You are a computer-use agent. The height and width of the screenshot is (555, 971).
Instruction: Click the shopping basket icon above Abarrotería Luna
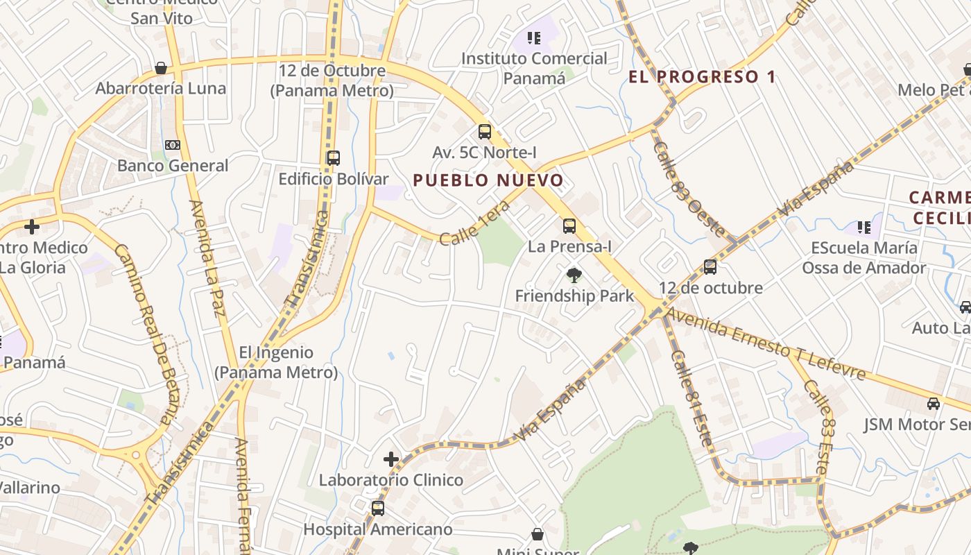pyautogui.click(x=161, y=68)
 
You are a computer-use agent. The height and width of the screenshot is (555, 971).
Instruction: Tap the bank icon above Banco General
pyautogui.click(x=173, y=145)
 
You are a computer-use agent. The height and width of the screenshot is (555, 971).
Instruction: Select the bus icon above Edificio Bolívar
pyautogui.click(x=334, y=158)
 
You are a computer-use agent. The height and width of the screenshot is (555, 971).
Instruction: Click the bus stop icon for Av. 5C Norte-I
pyautogui.click(x=485, y=132)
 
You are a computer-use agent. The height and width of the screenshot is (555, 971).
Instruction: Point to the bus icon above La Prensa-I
pyautogui.click(x=569, y=226)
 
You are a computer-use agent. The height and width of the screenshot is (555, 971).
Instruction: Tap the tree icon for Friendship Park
pyautogui.click(x=574, y=275)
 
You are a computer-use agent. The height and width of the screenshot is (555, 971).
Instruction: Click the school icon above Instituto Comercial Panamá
pyautogui.click(x=533, y=37)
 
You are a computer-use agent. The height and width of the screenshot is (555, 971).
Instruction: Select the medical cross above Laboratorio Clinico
pyautogui.click(x=391, y=459)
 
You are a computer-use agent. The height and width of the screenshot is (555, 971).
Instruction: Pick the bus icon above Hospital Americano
pyautogui.click(x=378, y=509)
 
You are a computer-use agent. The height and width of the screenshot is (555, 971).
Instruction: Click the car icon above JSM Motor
pyautogui.click(x=934, y=404)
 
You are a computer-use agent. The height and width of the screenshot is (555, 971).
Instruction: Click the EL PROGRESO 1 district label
pyautogui.click(x=702, y=77)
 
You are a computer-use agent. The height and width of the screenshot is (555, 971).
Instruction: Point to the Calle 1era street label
pyautogui.click(x=479, y=223)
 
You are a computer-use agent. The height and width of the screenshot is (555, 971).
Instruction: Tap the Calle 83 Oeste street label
pyautogui.click(x=689, y=189)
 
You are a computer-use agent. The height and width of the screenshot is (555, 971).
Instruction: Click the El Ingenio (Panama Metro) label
pyautogui.click(x=276, y=362)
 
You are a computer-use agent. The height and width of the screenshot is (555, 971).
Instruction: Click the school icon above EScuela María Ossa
pyautogui.click(x=864, y=227)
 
